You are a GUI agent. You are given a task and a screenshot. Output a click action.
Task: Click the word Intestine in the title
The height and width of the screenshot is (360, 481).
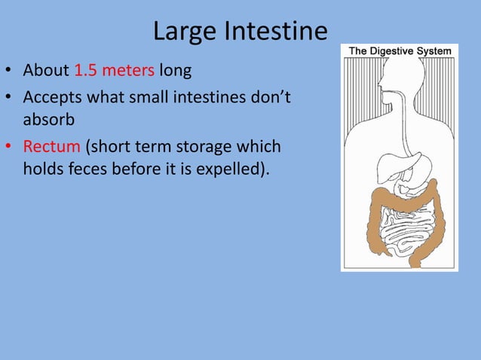[273, 32]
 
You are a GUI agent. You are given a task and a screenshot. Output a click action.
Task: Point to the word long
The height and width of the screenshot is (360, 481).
[175, 72]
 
